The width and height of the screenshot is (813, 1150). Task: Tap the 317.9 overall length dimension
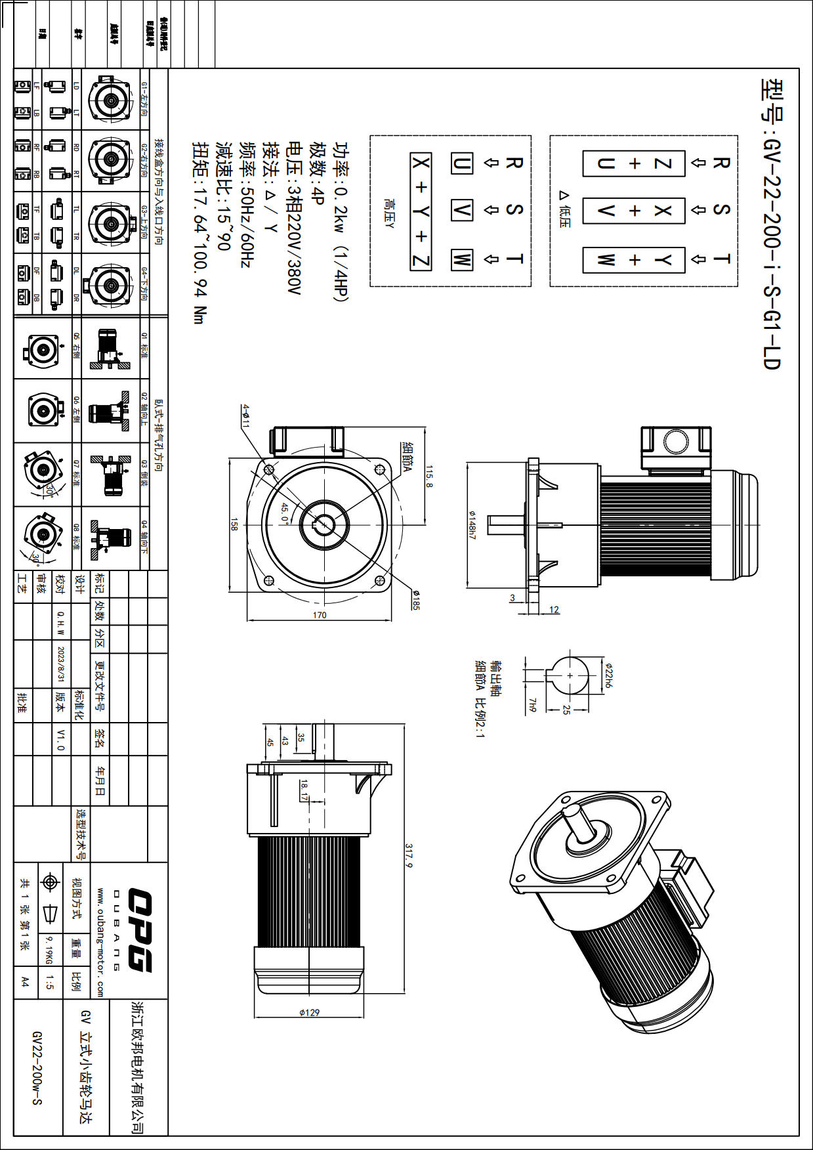click(x=409, y=856)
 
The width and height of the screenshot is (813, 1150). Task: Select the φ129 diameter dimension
click(x=309, y=1012)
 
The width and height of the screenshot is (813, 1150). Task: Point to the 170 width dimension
click(x=320, y=615)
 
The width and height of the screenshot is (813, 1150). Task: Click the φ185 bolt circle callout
click(x=415, y=600)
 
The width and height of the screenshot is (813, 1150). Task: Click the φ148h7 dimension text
click(x=471, y=525)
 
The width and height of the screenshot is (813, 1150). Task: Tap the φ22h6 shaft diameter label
click(x=609, y=675)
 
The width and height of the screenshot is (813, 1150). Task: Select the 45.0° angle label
click(x=285, y=513)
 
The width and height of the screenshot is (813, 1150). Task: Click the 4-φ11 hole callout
click(x=245, y=416)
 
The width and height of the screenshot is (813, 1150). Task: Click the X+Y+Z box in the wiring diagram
click(x=421, y=211)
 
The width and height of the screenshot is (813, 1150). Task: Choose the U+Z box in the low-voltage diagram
click(x=634, y=163)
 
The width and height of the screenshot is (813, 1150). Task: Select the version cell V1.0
click(x=61, y=739)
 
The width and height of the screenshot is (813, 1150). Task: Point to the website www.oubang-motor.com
click(x=100, y=943)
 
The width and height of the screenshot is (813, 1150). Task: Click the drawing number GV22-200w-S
click(x=37, y=1067)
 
